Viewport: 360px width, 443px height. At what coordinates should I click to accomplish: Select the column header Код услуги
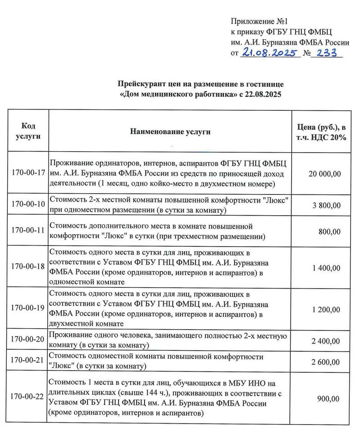(x=28, y=131)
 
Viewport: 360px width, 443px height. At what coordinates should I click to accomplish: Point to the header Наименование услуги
(x=170, y=131)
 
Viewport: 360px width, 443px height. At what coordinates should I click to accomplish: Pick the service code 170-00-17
(x=28, y=173)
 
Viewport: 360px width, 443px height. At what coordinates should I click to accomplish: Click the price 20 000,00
(x=324, y=173)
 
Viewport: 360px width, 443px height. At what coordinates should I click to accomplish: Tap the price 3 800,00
(x=327, y=205)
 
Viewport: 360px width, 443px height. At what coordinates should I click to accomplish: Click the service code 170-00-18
(x=28, y=266)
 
